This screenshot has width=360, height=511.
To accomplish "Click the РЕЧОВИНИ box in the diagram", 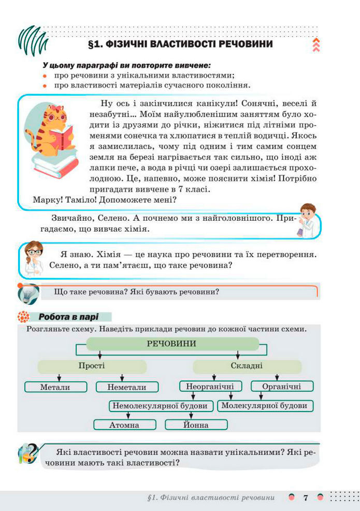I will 171,344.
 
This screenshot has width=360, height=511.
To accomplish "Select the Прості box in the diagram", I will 92,366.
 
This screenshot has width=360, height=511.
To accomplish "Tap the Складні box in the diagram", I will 247,366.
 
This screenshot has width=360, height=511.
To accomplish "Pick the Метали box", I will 55,387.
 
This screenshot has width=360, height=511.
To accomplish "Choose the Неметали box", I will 127,387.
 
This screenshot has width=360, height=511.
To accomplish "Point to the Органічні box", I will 282,386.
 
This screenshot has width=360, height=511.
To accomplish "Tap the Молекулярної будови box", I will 264,405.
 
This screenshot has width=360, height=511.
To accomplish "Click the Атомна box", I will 124,425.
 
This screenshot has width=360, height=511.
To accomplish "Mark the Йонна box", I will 196,425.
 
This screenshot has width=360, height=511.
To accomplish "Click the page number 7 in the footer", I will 306,498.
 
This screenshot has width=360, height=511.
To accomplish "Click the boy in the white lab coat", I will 308,220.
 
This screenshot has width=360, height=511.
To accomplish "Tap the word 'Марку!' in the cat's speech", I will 47,200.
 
